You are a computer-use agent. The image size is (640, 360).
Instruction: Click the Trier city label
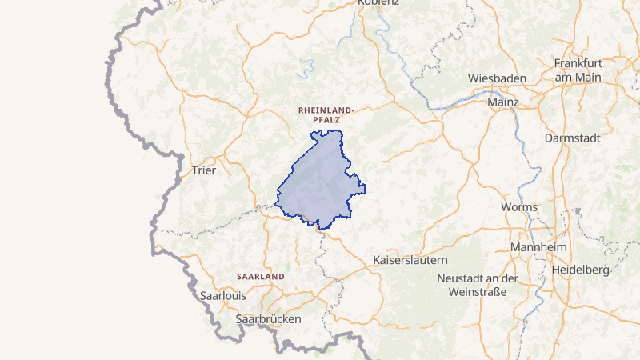204,170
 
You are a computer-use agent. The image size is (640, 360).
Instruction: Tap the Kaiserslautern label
410,261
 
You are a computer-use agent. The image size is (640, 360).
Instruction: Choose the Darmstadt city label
572,138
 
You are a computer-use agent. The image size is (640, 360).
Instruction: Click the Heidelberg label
581,270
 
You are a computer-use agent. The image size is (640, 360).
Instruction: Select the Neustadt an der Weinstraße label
478,285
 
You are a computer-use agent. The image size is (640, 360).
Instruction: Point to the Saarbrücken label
268,318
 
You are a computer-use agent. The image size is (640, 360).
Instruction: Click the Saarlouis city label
223,295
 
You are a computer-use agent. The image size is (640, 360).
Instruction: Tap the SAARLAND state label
260,276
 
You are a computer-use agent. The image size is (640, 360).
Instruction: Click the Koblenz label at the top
368,3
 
